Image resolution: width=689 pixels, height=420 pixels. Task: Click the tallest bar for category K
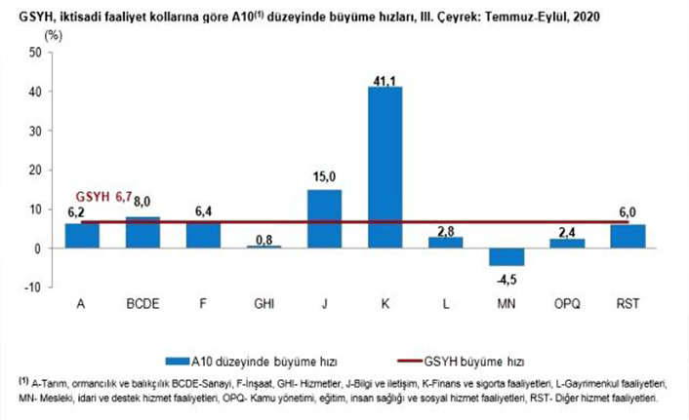385,167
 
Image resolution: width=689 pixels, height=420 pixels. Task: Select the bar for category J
324,218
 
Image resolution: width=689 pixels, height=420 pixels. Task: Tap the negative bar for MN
506,256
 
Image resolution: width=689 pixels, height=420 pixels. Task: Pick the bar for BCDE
142,233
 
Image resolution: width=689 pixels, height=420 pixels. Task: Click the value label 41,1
385,78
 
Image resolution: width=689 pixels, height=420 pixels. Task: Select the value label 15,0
324,176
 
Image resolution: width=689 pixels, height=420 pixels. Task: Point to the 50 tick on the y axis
34,53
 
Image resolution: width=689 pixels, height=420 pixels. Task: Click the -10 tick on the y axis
32,287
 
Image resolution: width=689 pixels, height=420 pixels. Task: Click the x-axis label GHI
263,304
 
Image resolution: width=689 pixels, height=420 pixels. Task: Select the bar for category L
445,243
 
